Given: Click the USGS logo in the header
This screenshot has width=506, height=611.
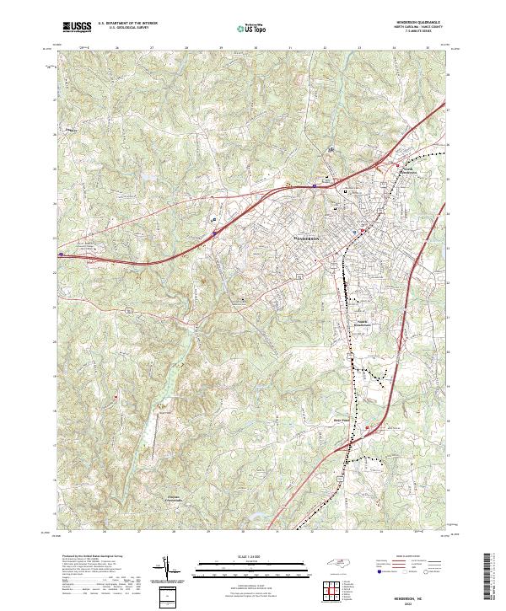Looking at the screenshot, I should pyautogui.click(x=77, y=27).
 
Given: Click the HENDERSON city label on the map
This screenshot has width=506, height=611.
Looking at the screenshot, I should pyautogui.click(x=306, y=238).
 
